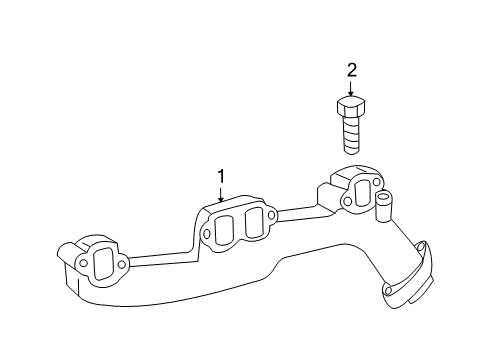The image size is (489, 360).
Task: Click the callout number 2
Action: click(x=351, y=70)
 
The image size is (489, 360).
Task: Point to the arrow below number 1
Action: click(x=221, y=197)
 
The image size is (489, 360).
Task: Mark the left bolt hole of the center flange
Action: click(x=207, y=237)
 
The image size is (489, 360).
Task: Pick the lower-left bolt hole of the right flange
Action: click(x=346, y=202)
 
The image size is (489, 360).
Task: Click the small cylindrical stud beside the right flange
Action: click(x=381, y=208)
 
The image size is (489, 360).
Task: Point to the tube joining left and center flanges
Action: click(x=160, y=258)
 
